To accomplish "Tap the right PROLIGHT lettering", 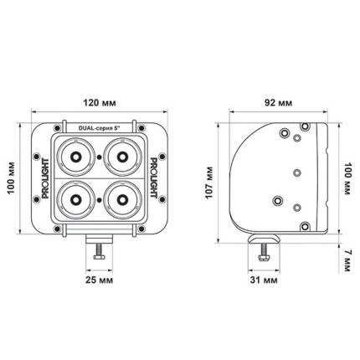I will coord(157,178).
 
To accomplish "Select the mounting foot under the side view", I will coord(265,242).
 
